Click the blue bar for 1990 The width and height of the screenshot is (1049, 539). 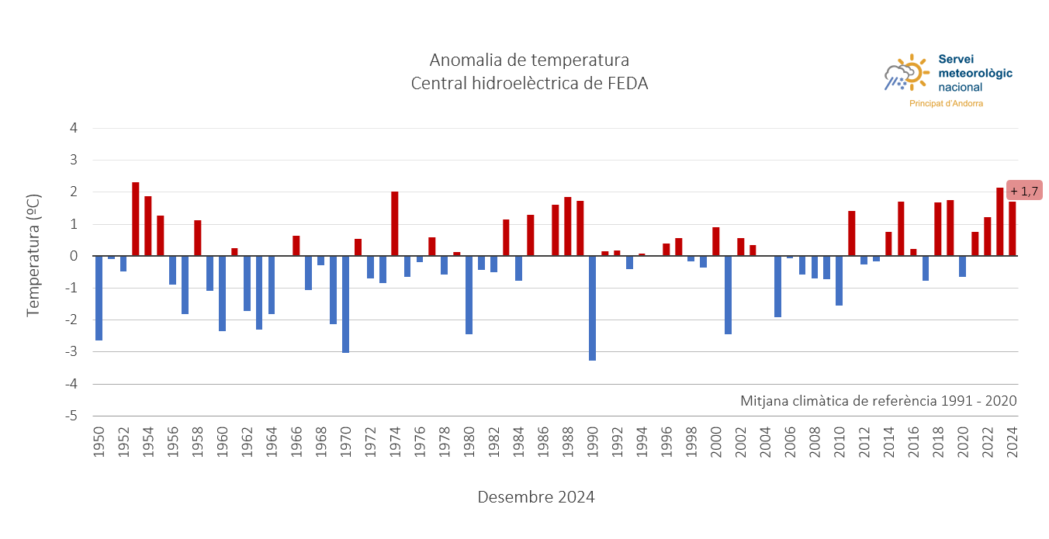592,308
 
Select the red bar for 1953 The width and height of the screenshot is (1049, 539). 136,219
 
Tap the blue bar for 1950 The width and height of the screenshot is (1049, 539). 99,298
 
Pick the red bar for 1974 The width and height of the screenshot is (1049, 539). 395,223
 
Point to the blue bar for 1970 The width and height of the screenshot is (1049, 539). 345,304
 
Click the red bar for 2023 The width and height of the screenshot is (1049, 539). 999,222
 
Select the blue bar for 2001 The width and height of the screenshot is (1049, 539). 728,295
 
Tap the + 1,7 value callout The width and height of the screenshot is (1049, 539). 1024,191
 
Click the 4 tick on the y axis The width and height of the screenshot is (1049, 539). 74,128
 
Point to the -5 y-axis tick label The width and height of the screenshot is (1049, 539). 71,416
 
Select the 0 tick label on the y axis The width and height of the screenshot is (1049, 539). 74,256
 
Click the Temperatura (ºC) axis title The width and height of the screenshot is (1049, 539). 33,255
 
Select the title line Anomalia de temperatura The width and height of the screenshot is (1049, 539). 529,60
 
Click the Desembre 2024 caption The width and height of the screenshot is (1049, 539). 535,497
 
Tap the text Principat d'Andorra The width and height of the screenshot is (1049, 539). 946,103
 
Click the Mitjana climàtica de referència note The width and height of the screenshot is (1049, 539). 878,401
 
